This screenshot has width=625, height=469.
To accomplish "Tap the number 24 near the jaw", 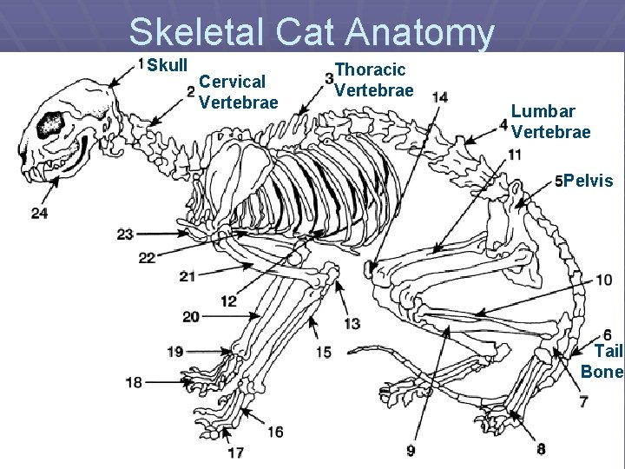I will coord(39,214).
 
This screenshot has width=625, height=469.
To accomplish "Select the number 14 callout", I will coord(440,96).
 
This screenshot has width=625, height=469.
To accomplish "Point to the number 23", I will coord(125,234).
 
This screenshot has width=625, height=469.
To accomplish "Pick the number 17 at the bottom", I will coord(235,452).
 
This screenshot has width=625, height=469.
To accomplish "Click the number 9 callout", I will coord(411,451).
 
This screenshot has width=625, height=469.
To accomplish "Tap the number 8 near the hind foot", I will coord(542,449).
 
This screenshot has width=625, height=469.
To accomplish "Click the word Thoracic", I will coord(370,69).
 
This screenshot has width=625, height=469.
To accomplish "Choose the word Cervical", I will coord(232,83).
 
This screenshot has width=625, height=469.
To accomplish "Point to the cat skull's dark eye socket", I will coord(49,124).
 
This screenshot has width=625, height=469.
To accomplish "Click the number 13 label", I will coord(352,324).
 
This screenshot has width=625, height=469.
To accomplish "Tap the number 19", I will coord(174,352).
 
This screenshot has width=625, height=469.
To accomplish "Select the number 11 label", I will coord(515,155).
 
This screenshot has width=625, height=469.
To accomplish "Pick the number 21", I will coord(187,276).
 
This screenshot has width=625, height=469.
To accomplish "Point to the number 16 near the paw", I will coord(275,432).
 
